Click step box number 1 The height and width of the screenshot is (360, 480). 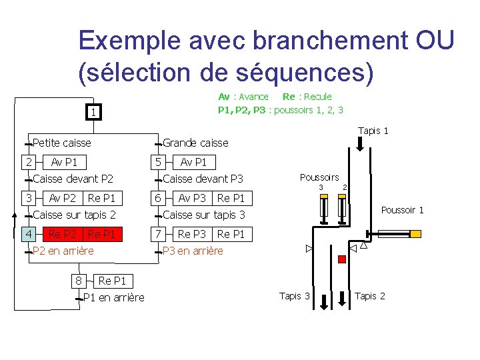coord(94,113)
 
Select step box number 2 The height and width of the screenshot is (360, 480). coord(29,162)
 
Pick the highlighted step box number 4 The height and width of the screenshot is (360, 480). coord(29,234)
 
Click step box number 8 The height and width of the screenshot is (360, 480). coord(79,281)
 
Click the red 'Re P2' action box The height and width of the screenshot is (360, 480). coord(63,234)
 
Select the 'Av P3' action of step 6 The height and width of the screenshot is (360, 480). coord(192,198)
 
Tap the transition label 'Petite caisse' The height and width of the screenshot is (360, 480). coord(61,143)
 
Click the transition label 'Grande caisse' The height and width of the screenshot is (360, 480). coord(195,143)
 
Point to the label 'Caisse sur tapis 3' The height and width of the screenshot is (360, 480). coord(204,215)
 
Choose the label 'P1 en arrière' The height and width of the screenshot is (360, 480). coord(113,297)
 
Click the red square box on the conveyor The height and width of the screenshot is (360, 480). coord(342,259)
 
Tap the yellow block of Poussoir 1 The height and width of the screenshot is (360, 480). coord(415,234)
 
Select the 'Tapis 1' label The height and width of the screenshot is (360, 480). coord(373,131)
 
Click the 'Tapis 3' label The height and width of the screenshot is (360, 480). coord(295,296)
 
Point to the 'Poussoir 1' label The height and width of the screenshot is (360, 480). coord(402,210)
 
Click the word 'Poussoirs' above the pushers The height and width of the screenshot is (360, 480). coord(319,177)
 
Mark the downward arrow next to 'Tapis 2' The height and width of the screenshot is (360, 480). coord(341,300)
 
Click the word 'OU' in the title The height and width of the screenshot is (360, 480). coord(434,41)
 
